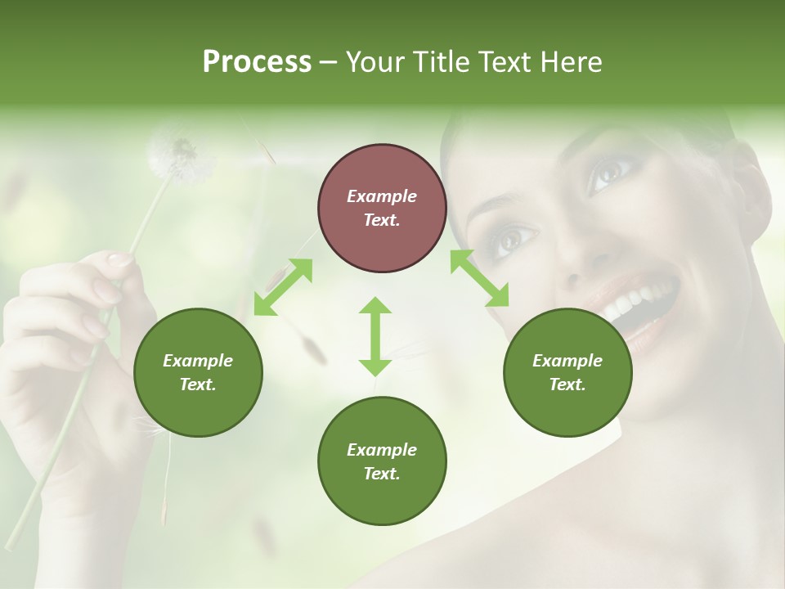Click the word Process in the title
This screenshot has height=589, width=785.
click(x=257, y=62)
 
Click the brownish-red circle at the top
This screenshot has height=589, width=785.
click(x=382, y=208)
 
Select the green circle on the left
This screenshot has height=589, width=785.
click(x=198, y=372)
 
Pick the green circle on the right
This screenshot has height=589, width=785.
click(x=567, y=372)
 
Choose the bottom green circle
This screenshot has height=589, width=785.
click(x=382, y=461)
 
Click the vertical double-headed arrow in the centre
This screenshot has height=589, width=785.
click(x=375, y=336)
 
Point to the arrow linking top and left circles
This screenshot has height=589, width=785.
click(x=283, y=286)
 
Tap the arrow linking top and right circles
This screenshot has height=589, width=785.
click(x=479, y=278)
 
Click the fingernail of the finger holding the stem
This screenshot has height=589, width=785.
click(x=120, y=260)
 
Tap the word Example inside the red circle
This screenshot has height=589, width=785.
click(x=382, y=196)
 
